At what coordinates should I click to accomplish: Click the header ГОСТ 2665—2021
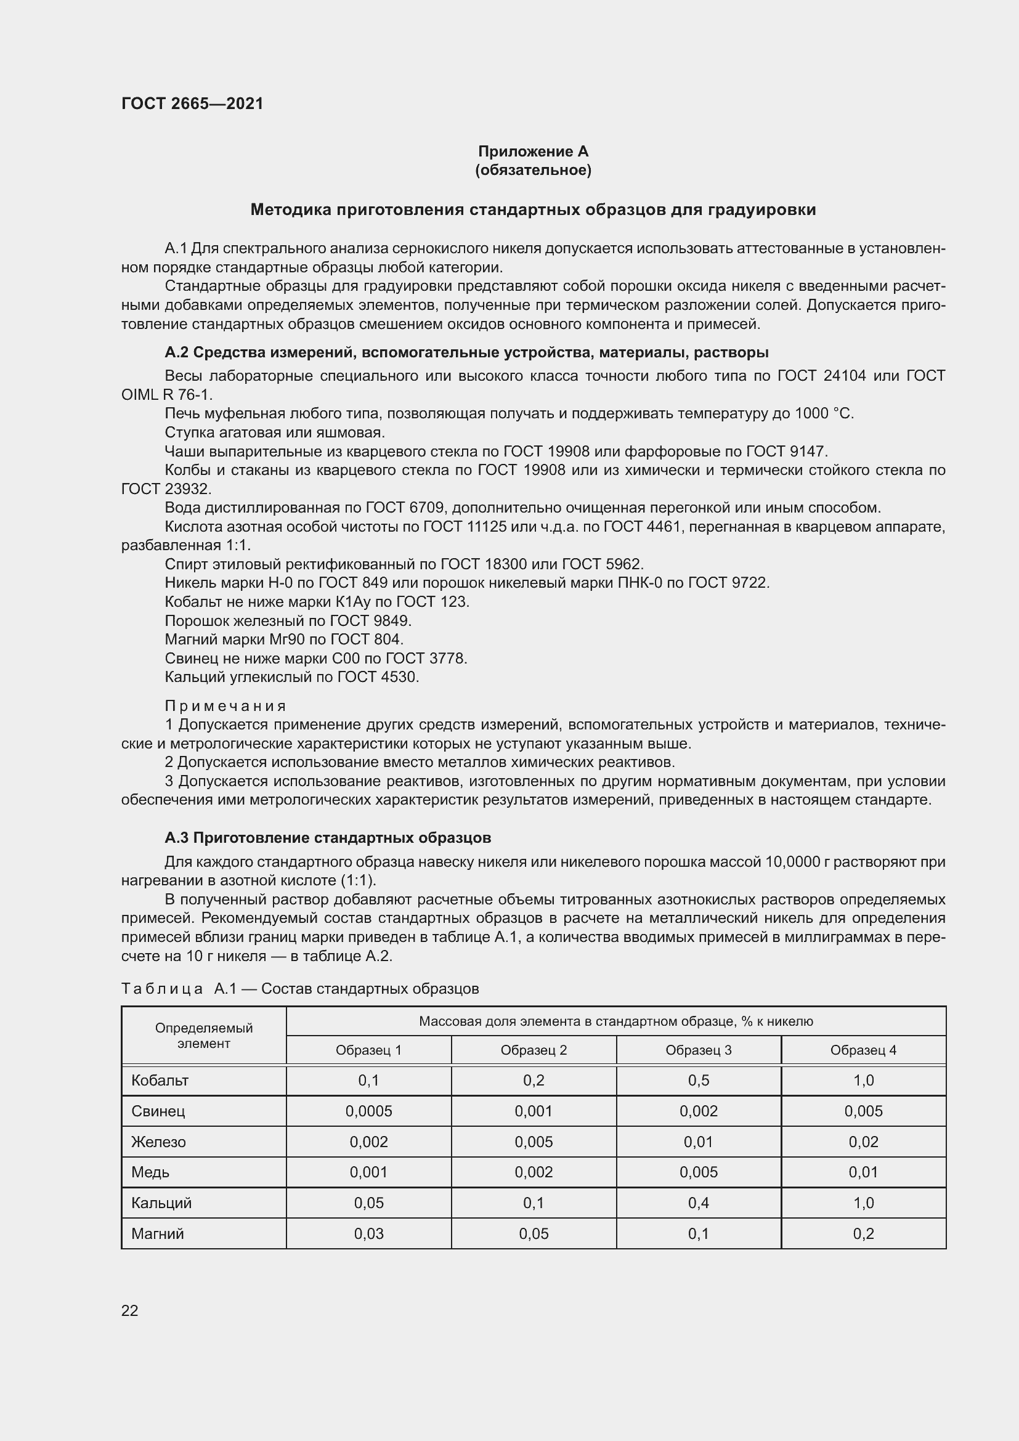pyautogui.click(x=192, y=104)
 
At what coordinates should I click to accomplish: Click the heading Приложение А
pyautogui.click(x=533, y=152)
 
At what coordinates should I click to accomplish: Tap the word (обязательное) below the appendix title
pyautogui.click(x=533, y=170)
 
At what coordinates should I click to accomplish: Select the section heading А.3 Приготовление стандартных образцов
pyautogui.click(x=328, y=837)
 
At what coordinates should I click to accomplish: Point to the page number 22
pyautogui.click(x=129, y=1310)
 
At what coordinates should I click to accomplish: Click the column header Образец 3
pyautogui.click(x=698, y=1050)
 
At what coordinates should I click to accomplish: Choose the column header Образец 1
pyautogui.click(x=368, y=1050)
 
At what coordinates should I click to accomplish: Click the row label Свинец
pyautogui.click(x=158, y=1111)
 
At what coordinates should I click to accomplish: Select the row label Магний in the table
pyautogui.click(x=158, y=1233)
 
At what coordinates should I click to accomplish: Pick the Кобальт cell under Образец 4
pyautogui.click(x=863, y=1080)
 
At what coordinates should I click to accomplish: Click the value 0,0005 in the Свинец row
pyautogui.click(x=368, y=1111)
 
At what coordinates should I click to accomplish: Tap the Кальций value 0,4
pyautogui.click(x=698, y=1203)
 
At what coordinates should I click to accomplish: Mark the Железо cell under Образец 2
pyautogui.click(x=534, y=1142)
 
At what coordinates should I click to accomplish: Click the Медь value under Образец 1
pyautogui.click(x=368, y=1172)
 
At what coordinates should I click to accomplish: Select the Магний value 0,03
pyautogui.click(x=368, y=1233)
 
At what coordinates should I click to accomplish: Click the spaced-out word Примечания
pyautogui.click(x=225, y=706)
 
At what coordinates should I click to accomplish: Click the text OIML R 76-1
pyautogui.click(x=166, y=395)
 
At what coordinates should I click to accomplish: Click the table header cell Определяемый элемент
pyautogui.click(x=203, y=1036)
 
